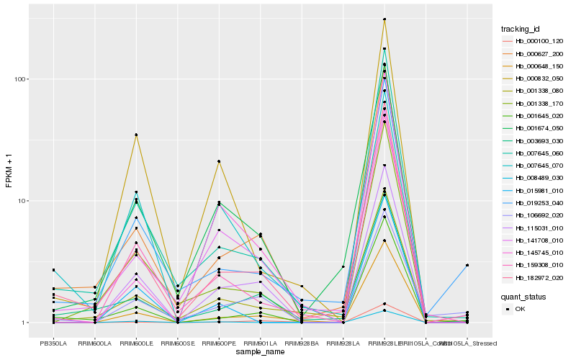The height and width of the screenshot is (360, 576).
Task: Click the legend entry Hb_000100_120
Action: [x=534, y=41]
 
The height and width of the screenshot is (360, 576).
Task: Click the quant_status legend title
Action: [x=523, y=296]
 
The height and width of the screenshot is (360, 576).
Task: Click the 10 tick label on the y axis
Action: [x=23, y=201]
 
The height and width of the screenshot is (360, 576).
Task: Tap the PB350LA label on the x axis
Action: [x=53, y=343]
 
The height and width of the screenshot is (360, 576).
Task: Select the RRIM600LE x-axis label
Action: [x=135, y=343]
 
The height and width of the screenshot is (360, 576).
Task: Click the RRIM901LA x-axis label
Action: [x=260, y=343]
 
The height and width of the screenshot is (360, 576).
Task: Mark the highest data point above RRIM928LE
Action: [x=384, y=19]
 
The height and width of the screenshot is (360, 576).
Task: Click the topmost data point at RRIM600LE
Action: [x=135, y=135]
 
